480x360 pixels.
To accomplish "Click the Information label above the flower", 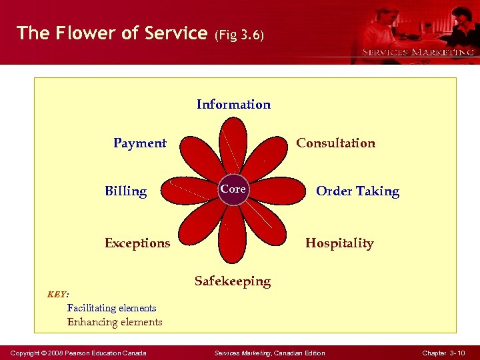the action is [233, 104].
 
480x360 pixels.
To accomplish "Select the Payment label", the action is [140, 143].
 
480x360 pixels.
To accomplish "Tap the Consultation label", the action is [335, 143].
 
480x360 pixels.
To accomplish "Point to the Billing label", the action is [125, 191].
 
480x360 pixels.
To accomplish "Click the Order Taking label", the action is [357, 191].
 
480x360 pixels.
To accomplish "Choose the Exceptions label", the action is [137, 243].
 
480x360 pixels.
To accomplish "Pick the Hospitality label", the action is [339, 243].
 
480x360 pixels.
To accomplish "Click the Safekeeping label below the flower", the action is [233, 281].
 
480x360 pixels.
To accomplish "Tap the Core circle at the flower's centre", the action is [233, 189].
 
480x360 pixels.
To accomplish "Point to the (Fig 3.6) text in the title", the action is [239, 35].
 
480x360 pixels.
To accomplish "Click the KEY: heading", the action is [58, 293].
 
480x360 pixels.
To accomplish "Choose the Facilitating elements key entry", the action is [111, 308].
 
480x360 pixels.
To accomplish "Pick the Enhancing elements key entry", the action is [115, 322].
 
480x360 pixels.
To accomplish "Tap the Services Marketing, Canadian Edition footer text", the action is [271, 353].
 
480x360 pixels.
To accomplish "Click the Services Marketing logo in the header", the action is [417, 51].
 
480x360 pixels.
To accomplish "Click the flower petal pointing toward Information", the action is [233, 143].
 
